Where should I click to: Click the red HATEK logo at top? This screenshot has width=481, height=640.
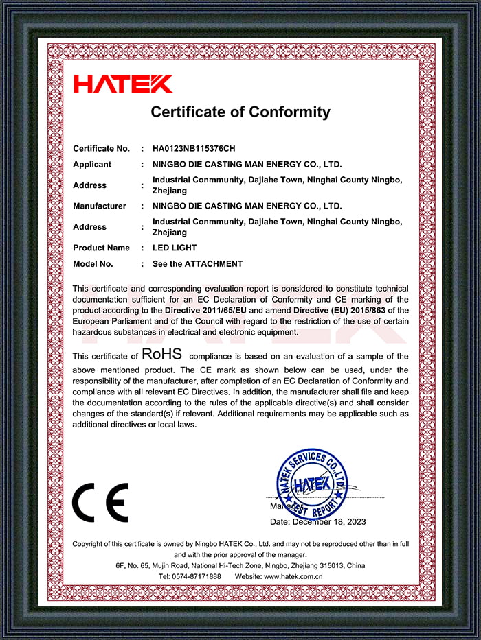tap(123, 84)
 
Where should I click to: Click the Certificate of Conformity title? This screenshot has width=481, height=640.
tap(240, 112)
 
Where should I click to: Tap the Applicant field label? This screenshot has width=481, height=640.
tap(92, 165)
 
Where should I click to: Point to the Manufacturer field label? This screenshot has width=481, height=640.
tap(100, 206)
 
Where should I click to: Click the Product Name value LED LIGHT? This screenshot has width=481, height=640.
tap(175, 248)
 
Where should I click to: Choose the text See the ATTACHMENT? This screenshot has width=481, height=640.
tap(197, 264)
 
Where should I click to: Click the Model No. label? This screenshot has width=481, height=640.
tap(93, 264)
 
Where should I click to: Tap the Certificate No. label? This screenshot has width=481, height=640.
tap(101, 148)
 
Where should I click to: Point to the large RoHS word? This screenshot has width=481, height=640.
tap(161, 355)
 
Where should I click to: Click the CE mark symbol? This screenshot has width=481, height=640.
tap(100, 502)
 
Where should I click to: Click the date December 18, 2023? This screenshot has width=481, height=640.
tap(329, 522)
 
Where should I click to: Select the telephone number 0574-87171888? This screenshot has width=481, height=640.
tap(199, 576)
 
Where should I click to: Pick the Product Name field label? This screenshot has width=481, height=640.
tap(101, 248)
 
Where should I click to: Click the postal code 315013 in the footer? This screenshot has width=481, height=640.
tap(333, 566)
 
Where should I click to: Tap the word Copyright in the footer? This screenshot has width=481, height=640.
tap(89, 544)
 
